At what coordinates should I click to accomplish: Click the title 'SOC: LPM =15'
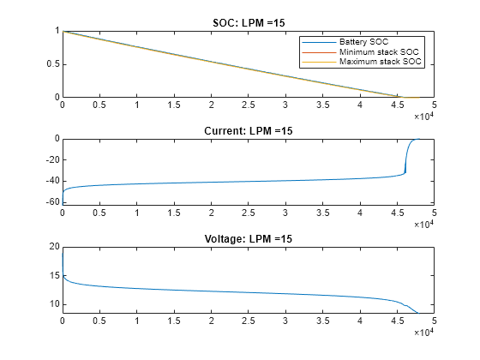(x=248, y=22)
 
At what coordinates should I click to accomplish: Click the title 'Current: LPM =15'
(x=248, y=130)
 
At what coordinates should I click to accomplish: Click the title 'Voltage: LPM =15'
(x=248, y=238)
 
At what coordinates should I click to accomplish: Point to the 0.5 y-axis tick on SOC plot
(x=51, y=64)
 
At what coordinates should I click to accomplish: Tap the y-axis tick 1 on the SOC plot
(x=56, y=32)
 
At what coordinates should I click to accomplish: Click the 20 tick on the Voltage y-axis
(x=52, y=247)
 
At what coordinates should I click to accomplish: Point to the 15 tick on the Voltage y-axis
(x=52, y=275)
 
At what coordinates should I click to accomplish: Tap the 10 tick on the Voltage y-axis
(x=52, y=304)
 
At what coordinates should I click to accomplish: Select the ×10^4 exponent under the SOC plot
(x=424, y=117)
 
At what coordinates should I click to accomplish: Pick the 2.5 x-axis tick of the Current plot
(x=248, y=214)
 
